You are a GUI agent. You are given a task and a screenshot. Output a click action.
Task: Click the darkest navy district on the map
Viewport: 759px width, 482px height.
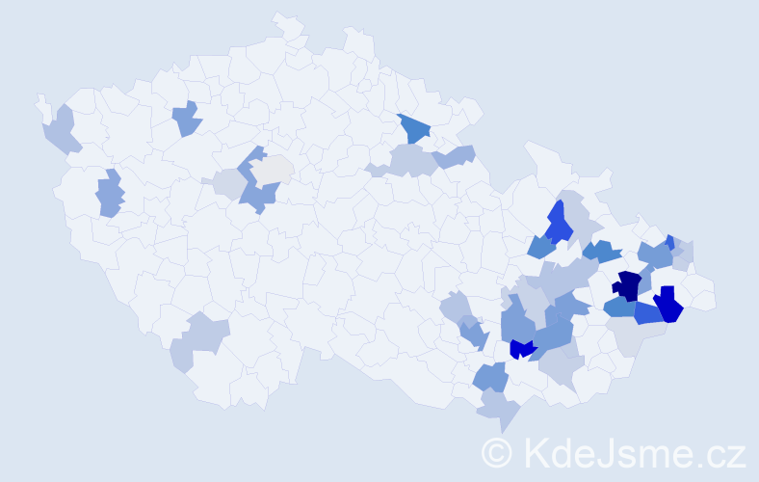pyautogui.click(x=628, y=285)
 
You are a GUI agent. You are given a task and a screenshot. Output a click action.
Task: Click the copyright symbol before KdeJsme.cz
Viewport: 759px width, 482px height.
pyautogui.click(x=497, y=452)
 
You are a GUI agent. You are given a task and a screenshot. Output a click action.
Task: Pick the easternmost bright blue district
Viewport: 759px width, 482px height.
pyautogui.click(x=667, y=306)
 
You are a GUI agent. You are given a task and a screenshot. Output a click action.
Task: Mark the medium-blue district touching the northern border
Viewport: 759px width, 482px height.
pyautogui.click(x=412, y=128)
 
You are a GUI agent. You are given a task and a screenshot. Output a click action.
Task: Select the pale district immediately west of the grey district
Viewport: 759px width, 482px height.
pyautogui.click(x=230, y=183)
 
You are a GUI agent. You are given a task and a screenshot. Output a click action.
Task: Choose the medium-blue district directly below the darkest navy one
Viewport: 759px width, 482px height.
pyautogui.click(x=619, y=308)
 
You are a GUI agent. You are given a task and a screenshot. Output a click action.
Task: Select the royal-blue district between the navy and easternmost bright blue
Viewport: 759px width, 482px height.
pyautogui.click(x=647, y=312)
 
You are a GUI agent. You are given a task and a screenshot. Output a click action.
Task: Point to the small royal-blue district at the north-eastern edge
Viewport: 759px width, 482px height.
pyautogui.click(x=670, y=241)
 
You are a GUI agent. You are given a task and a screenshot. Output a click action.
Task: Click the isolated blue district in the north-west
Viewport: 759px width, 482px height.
pyautogui.click(x=187, y=119)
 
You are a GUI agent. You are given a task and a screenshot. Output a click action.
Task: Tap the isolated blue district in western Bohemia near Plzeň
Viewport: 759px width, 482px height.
pyautogui.click(x=110, y=192)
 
